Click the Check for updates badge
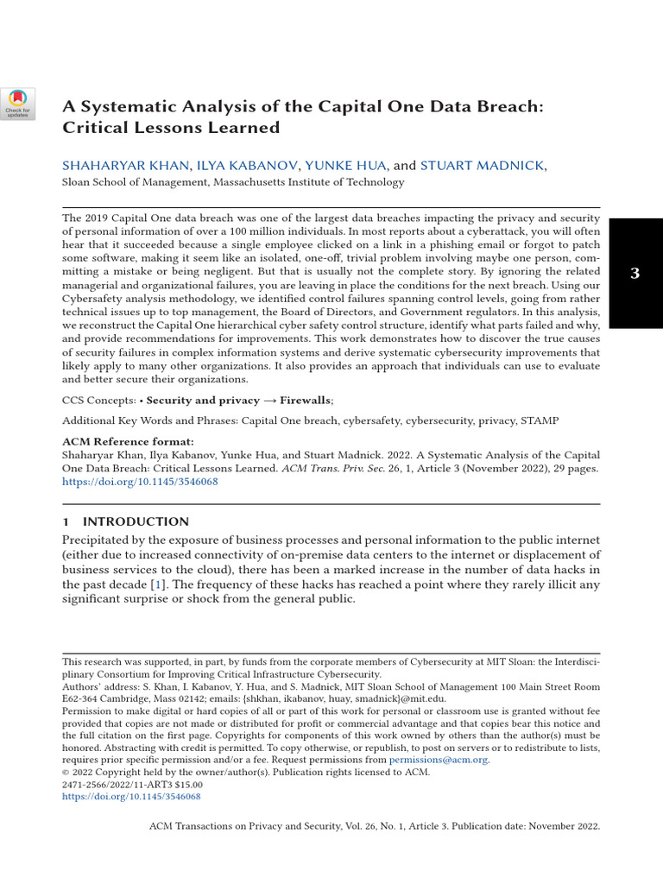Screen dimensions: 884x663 pyautogui.click(x=18, y=104)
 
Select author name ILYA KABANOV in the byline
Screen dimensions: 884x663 pyautogui.click(x=248, y=165)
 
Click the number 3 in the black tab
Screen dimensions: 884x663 pyautogui.click(x=635, y=274)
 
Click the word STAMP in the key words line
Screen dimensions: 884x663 pyautogui.click(x=539, y=420)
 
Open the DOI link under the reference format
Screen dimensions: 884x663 pyautogui.click(x=140, y=483)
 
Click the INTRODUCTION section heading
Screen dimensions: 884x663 pyautogui.click(x=136, y=521)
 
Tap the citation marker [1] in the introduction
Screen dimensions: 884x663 pyautogui.click(x=158, y=584)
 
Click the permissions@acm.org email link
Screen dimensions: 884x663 pyautogui.click(x=439, y=760)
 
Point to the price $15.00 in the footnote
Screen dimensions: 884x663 pyautogui.click(x=186, y=785)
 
